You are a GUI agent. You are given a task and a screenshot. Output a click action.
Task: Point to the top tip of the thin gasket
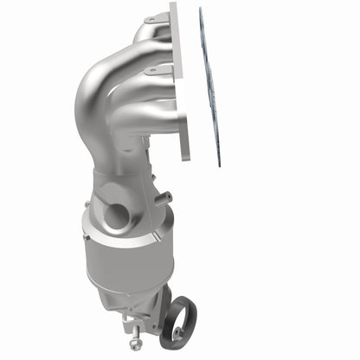click(201, 10)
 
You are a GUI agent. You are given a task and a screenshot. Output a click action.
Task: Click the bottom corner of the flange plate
click(185, 161)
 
